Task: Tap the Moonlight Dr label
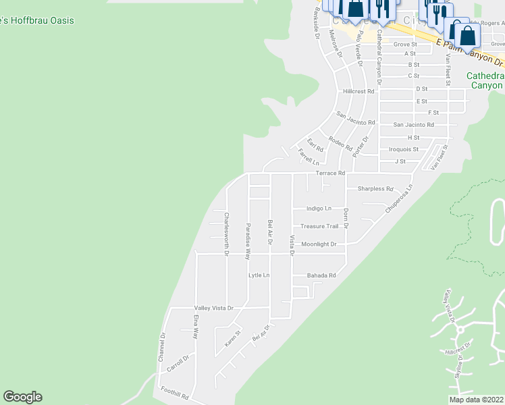(x=319, y=244)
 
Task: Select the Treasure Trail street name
(x=319, y=227)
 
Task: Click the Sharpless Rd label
(x=375, y=189)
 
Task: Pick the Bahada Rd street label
(x=321, y=275)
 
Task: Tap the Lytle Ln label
(x=259, y=275)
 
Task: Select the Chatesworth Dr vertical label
(x=226, y=230)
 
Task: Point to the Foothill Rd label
(x=175, y=391)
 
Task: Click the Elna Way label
(x=196, y=326)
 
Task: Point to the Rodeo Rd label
(x=340, y=143)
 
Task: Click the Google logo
(x=22, y=397)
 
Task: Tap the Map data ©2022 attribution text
(x=475, y=400)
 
